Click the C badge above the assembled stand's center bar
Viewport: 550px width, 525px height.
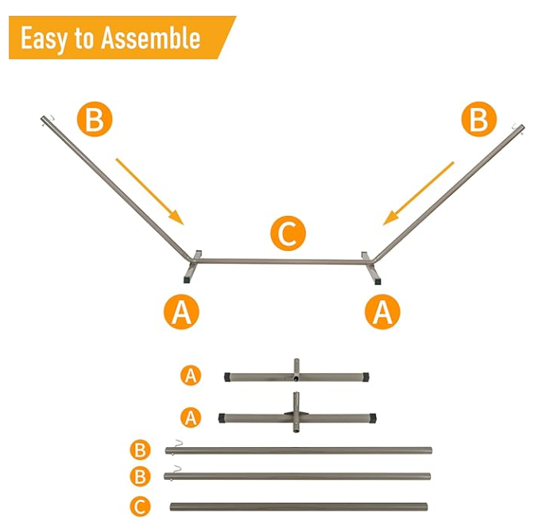point(288,234)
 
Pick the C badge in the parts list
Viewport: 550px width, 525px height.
point(140,506)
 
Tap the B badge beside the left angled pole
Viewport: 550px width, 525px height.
point(94,121)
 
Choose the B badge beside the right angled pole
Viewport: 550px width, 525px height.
point(478,120)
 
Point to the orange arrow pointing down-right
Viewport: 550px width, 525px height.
point(149,191)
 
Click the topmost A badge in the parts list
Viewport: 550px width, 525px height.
point(190,375)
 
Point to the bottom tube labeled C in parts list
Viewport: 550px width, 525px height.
point(298,506)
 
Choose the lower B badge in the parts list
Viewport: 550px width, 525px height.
point(140,477)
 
